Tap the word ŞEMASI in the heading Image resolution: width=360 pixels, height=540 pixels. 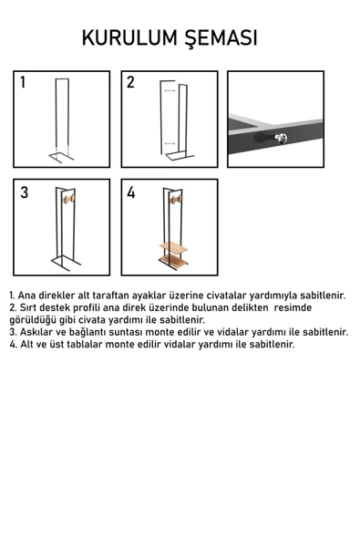click(x=221, y=38)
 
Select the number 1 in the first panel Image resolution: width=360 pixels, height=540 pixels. click(x=23, y=83)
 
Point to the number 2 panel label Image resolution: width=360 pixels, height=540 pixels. click(x=130, y=83)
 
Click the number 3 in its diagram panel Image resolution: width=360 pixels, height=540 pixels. click(x=24, y=193)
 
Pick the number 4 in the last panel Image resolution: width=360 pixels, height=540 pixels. click(x=131, y=193)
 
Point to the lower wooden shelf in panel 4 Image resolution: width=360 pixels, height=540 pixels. click(x=173, y=263)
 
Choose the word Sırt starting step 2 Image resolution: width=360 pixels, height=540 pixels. click(x=31, y=308)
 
